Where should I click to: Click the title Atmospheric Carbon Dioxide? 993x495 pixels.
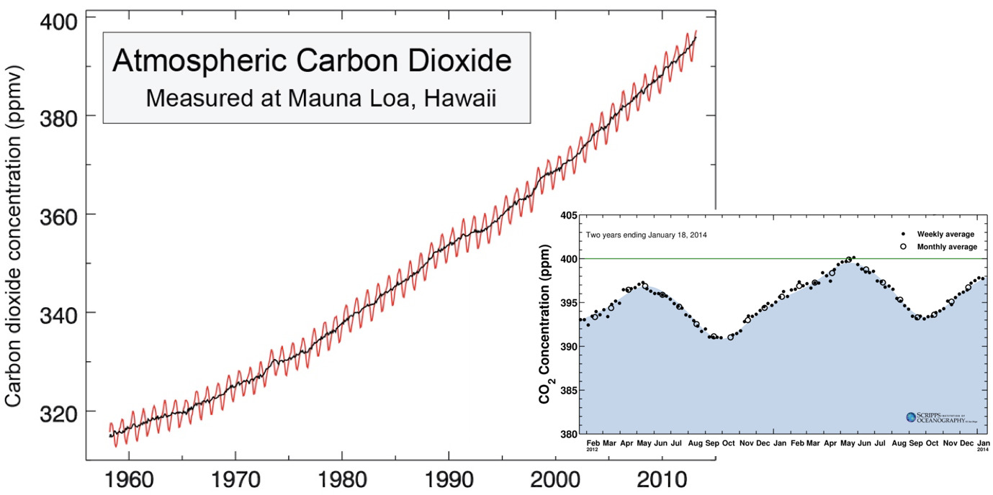pyautogui.click(x=312, y=61)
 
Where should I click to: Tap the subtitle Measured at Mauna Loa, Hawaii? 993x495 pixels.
pyautogui.click(x=321, y=97)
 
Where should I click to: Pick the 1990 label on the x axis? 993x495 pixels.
pyautogui.click(x=448, y=478)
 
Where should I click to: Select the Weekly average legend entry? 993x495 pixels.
pyautogui.click(x=945, y=234)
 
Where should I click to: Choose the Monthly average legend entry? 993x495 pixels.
pyautogui.click(x=946, y=247)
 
